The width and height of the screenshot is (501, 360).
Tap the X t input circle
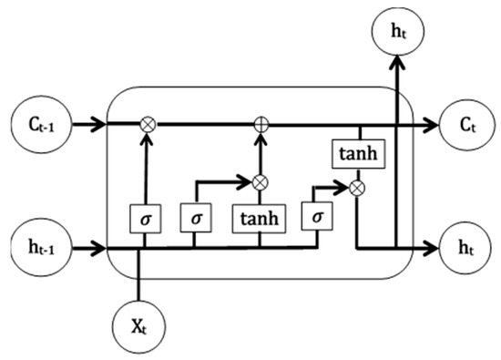coord(138,324)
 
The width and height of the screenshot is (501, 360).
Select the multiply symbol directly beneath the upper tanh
coord(360,188)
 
